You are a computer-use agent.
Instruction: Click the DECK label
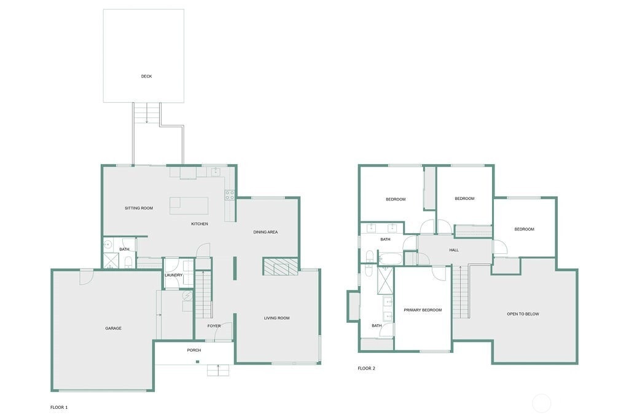pos(146,76)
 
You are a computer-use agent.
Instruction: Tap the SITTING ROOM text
pos(139,208)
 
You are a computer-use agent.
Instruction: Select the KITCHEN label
pos(200,224)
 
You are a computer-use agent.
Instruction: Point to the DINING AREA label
pos(265,232)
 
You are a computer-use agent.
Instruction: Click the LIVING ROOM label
pos(277,318)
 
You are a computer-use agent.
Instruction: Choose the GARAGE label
pos(113,328)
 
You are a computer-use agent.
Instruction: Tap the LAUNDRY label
pos(174,275)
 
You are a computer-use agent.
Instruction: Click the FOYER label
pos(214,326)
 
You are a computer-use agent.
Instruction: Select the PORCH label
pos(194,350)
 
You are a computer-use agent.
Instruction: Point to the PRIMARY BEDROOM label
pos(423,310)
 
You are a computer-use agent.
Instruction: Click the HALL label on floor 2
pos(454,250)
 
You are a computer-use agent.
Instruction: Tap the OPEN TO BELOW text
pos(523,314)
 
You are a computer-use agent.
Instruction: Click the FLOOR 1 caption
pos(59,407)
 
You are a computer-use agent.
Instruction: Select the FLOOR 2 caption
pos(366,368)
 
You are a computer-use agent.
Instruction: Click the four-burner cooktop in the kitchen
pos(230,195)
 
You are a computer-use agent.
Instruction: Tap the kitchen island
pos(189,205)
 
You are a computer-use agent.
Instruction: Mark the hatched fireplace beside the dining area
pos(281,267)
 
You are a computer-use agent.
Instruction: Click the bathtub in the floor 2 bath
pos(390,259)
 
